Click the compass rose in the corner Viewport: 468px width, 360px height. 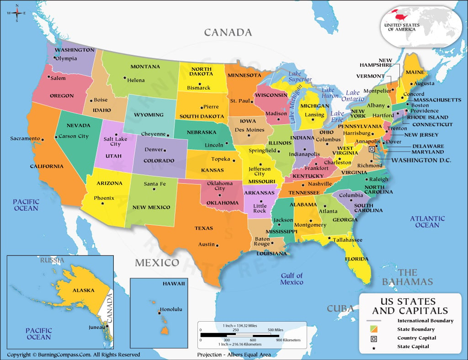(17, 13)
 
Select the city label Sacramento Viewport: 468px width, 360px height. (26, 138)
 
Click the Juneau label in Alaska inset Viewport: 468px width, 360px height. (96, 327)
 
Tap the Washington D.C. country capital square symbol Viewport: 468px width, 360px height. (372, 149)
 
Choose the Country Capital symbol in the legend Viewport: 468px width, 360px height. (374, 338)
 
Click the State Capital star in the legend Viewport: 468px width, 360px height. (374, 349)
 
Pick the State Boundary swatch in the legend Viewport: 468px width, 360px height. (374, 329)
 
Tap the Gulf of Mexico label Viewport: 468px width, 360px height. (292, 279)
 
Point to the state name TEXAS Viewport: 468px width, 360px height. (203, 228)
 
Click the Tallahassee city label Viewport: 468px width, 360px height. (347, 240)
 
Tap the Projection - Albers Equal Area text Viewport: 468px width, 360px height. (234, 355)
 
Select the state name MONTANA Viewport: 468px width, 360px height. (145, 67)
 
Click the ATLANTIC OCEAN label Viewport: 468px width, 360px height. (427, 222)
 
